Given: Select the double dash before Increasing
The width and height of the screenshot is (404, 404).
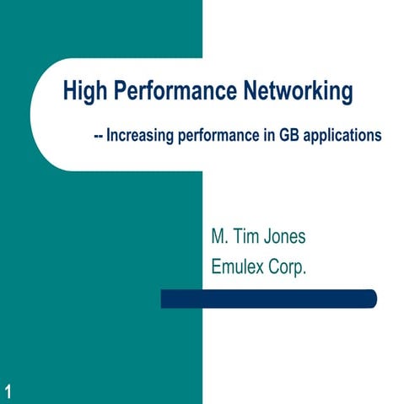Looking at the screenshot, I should click(97, 135).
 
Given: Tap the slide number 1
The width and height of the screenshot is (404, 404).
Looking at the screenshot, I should click(8, 389).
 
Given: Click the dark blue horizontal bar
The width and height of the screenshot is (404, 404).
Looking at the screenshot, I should click(268, 299).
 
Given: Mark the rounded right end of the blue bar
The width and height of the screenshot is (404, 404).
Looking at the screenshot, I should click(371, 299).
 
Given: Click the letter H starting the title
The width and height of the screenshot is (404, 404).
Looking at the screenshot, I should click(69, 91).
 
